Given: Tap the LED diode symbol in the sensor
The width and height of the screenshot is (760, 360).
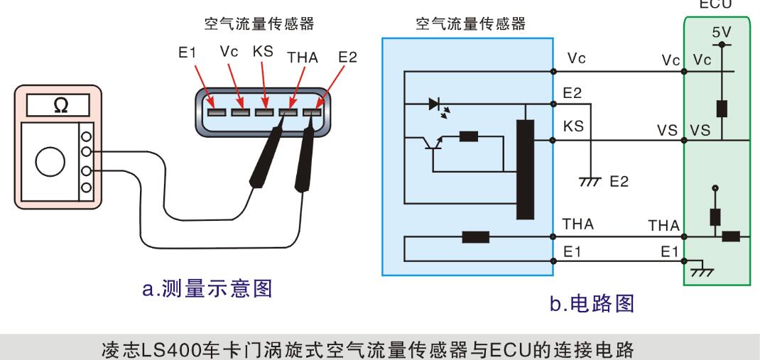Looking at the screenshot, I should (434, 104).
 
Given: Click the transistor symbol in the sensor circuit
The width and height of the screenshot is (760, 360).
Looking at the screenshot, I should (433, 142).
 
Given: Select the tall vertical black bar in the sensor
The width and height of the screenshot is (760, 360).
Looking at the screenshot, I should (525, 170).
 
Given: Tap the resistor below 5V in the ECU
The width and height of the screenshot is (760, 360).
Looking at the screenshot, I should (722, 109).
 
